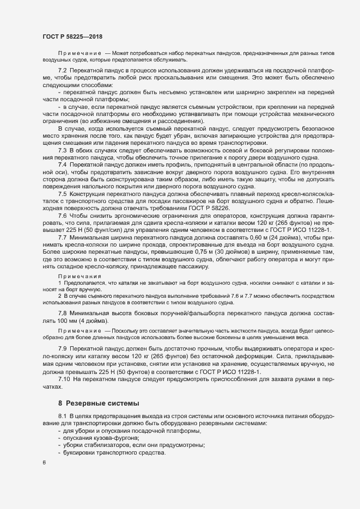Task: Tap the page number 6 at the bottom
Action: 44,463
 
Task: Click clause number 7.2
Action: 62,71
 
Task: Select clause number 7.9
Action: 62,348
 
